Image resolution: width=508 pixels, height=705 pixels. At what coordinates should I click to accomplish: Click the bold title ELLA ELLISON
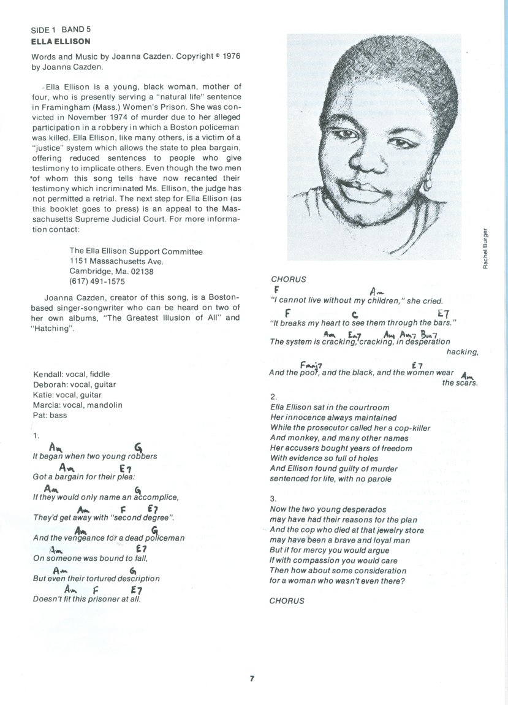61,42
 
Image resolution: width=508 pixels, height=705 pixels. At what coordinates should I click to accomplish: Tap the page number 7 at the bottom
252,678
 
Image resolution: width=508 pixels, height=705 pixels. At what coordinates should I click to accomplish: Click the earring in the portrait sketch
426,183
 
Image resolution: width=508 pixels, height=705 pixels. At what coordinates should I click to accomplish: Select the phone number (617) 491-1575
97,281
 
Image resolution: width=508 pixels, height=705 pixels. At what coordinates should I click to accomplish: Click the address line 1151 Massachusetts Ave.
116,261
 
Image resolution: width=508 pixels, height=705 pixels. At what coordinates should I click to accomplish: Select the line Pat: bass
50,415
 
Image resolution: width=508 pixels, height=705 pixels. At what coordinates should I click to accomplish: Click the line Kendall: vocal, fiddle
71,374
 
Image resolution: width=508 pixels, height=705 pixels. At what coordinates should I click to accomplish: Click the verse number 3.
273,499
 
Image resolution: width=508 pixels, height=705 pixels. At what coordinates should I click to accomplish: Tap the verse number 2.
273,397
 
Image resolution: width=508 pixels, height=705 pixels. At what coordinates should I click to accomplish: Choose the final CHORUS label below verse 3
287,601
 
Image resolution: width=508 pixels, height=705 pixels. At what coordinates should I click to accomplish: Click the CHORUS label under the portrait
288,279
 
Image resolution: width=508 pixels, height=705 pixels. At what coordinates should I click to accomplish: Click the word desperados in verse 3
365,509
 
